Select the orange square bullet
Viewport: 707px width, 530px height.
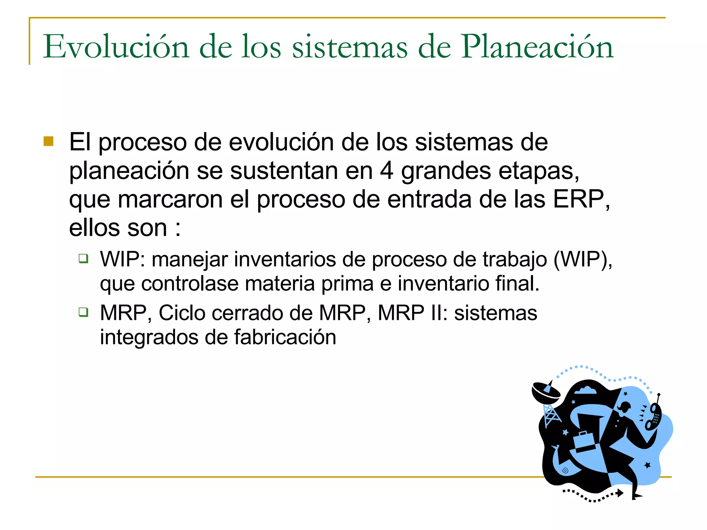pyautogui.click(x=49, y=141)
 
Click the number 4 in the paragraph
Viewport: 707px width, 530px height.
pyautogui.click(x=387, y=171)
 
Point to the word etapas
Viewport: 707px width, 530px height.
pyautogui.click(x=538, y=171)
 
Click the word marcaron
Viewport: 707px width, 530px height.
pyautogui.click(x=170, y=200)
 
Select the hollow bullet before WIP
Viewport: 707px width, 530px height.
pyautogui.click(x=84, y=258)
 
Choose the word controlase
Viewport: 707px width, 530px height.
pyautogui.click(x=190, y=284)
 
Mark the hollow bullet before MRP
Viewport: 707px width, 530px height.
pyautogui.click(x=84, y=312)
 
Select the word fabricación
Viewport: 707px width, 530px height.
pyautogui.click(x=285, y=337)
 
